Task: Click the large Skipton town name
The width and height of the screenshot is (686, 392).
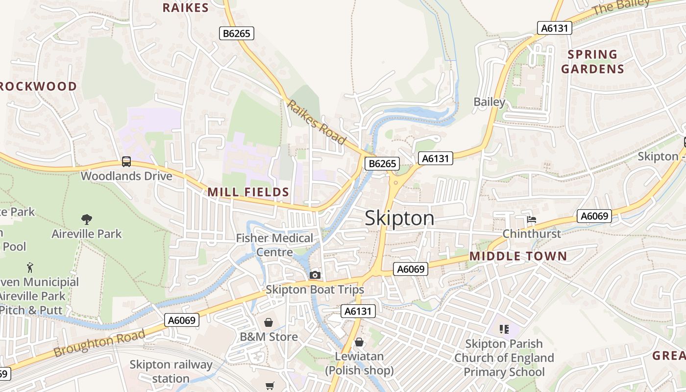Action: (399, 218)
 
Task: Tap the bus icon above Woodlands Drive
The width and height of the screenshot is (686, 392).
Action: (126, 161)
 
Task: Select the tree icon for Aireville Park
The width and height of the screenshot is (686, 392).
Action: (87, 219)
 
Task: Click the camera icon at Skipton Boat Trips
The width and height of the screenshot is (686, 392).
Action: (315, 275)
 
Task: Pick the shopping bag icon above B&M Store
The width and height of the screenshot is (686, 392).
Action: (269, 322)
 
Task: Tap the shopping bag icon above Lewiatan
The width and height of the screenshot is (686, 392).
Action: (359, 342)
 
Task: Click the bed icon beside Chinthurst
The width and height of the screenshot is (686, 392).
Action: (532, 219)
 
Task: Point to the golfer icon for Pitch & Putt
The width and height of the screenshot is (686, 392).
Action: (30, 268)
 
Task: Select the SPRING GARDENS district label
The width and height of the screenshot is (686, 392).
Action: (592, 61)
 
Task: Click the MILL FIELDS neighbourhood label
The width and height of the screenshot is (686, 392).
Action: (248, 192)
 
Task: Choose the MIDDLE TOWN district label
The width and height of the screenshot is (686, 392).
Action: (518, 256)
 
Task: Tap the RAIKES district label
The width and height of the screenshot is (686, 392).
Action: (186, 7)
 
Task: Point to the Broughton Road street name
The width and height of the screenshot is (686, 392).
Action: (99, 343)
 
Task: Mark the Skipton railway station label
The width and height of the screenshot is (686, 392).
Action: (171, 371)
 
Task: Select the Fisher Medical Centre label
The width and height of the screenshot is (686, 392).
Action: (274, 245)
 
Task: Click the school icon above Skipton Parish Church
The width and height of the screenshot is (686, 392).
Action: (504, 329)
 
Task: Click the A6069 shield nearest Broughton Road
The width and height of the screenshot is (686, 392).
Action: (182, 320)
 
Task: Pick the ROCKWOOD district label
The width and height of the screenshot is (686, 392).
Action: (38, 87)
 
